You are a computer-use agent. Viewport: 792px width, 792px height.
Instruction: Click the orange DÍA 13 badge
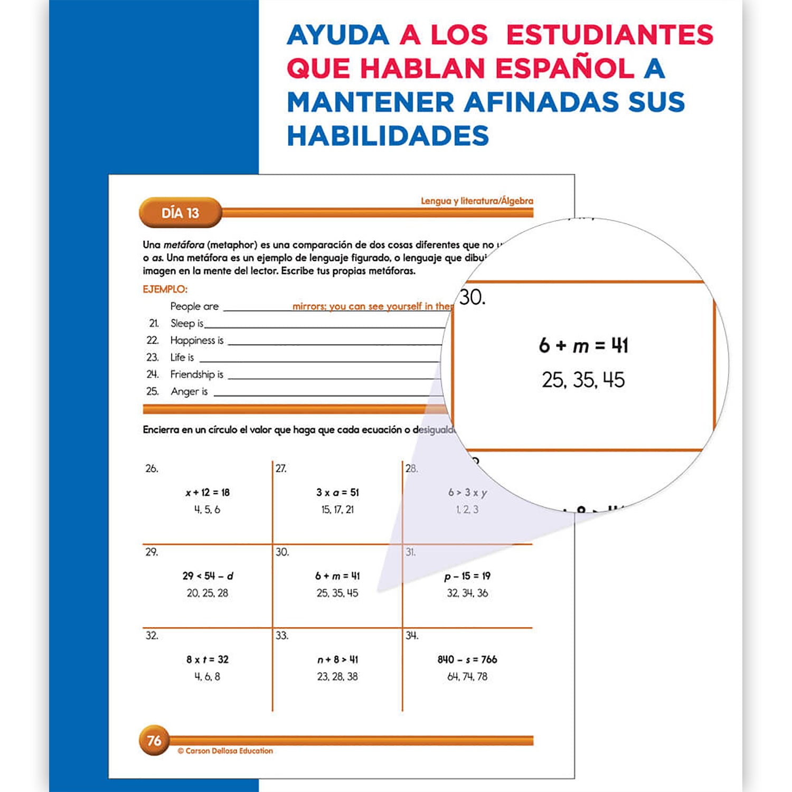pyautogui.click(x=180, y=213)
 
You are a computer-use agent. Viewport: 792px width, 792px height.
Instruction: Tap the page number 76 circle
pyautogui.click(x=154, y=740)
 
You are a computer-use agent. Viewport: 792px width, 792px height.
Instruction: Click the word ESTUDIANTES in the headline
pyautogui.click(x=609, y=35)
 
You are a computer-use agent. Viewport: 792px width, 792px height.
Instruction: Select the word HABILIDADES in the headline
pyautogui.click(x=388, y=136)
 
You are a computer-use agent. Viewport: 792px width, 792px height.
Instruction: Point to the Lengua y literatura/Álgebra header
pyautogui.click(x=476, y=201)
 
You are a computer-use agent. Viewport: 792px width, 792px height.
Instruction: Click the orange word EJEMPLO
pyautogui.click(x=165, y=289)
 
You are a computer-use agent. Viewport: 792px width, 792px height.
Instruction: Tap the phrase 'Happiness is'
pyautogui.click(x=196, y=341)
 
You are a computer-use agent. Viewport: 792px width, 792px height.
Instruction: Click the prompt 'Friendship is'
pyautogui.click(x=196, y=374)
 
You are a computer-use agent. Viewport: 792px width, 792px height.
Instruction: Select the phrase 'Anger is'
pyautogui.click(x=189, y=391)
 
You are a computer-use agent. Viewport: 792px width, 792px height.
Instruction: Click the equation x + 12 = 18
pyautogui.click(x=208, y=493)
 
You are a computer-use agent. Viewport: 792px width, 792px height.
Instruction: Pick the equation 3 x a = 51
pyautogui.click(x=337, y=493)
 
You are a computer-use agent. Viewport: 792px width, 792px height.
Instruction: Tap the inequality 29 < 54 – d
pyautogui.click(x=208, y=576)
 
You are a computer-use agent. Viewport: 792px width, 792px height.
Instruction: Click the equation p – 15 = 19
pyautogui.click(x=467, y=576)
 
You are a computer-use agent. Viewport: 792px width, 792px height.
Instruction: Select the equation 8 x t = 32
pyautogui.click(x=208, y=659)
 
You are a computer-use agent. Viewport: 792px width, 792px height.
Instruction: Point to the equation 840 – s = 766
pyautogui.click(x=467, y=659)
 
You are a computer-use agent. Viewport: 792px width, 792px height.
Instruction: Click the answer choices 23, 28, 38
pyautogui.click(x=337, y=676)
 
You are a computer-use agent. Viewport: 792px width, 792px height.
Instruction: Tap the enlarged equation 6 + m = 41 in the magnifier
pyautogui.click(x=583, y=345)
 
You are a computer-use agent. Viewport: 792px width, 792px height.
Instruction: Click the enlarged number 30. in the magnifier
pyautogui.click(x=472, y=297)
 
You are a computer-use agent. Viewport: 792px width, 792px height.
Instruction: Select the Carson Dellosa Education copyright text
pyautogui.click(x=225, y=751)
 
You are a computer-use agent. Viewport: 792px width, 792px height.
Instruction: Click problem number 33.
pyautogui.click(x=282, y=636)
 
